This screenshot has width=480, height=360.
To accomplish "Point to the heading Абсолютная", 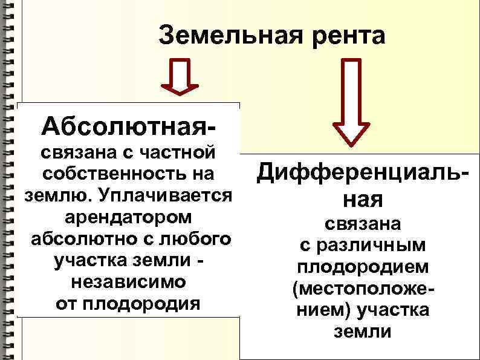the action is click(x=127, y=126).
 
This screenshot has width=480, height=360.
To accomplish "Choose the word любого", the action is click(x=195, y=238).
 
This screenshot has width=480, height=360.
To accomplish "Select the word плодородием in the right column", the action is click(x=363, y=267).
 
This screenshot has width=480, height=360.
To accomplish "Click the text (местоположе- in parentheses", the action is click(x=363, y=289).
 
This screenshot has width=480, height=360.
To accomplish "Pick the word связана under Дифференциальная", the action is click(x=363, y=224).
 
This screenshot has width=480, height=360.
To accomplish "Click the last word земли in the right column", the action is click(x=363, y=332).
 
